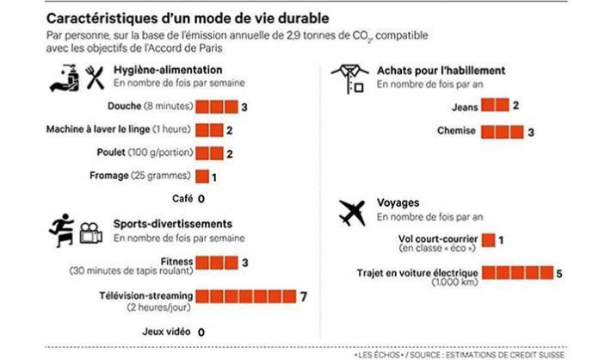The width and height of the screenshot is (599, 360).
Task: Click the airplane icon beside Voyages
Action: point(352,213)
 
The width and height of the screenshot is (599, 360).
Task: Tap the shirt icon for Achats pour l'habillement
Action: point(350,79)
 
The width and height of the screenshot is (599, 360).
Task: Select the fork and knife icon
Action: point(95,78)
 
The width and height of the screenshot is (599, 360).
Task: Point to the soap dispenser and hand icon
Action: point(65,78)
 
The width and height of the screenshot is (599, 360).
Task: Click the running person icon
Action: point(62,230)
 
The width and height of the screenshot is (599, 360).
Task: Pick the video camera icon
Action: point(90,233)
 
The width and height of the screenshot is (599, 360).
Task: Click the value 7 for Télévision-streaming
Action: point(303,296)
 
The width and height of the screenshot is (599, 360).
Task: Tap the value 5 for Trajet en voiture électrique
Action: point(559,274)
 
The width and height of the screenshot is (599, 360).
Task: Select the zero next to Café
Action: point(201,199)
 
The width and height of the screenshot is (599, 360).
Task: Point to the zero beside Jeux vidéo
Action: point(201,332)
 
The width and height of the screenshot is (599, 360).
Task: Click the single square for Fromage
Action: point(202,177)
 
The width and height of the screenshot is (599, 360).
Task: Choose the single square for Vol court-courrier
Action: point(488,240)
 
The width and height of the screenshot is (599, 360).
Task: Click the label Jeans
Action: point(465,108)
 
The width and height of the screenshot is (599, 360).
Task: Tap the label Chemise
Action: point(456,131)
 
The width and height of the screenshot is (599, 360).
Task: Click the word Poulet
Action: point(111,152)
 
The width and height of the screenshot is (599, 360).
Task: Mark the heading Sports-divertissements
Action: point(173,224)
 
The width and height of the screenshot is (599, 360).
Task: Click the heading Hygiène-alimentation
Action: point(168,70)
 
